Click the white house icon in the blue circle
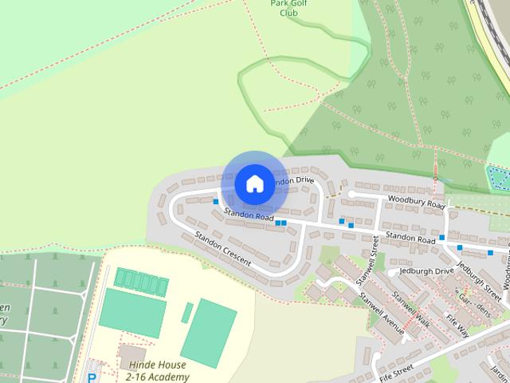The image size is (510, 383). (x=254, y=184)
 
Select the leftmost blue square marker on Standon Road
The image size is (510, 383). (x=215, y=202)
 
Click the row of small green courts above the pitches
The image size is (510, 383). (x=142, y=280)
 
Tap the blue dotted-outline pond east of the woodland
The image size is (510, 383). (x=499, y=177)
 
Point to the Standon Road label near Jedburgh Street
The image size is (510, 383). (x=410, y=238)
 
